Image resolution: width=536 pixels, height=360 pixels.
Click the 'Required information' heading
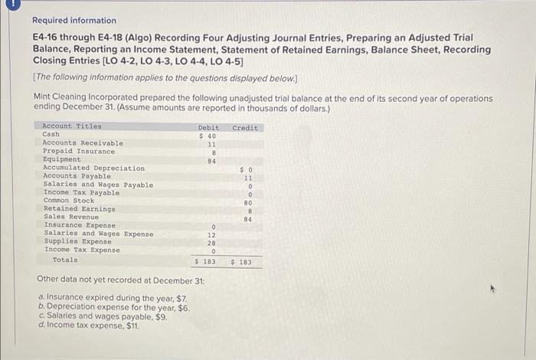[74, 21]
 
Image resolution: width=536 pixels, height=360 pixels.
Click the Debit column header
[208, 127]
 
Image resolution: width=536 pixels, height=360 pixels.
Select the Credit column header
[245, 127]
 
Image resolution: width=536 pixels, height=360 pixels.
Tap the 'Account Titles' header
[71, 126]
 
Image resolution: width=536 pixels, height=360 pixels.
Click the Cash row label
[51, 135]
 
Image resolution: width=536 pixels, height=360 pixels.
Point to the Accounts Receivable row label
[83, 143]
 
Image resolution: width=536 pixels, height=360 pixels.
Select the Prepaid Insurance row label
[79, 152]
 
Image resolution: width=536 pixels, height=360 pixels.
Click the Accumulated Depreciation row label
[93, 168]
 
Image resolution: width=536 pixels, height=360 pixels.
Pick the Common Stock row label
[68, 201]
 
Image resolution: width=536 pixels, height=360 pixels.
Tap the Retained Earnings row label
[79, 209]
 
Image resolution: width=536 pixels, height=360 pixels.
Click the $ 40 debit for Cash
[208, 136]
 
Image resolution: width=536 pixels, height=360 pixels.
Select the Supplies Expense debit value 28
[212, 242]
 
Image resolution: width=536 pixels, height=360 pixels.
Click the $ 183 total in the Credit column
[245, 262]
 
